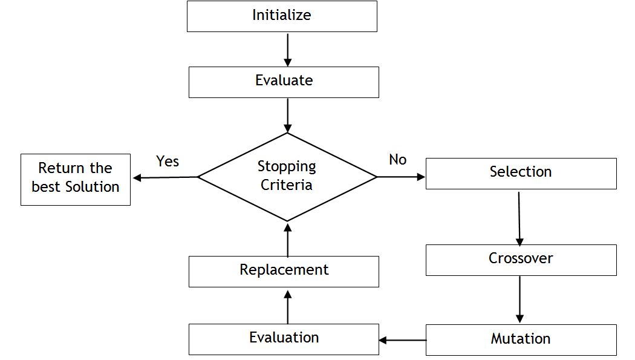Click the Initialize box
(282, 16)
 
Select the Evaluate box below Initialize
(284, 82)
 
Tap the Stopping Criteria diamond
(287, 177)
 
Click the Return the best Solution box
(76, 179)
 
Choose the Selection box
(521, 174)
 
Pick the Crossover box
(521, 260)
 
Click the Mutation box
(521, 339)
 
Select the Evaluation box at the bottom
(284, 339)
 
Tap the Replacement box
(284, 271)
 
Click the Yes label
(168, 161)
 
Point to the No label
(397, 160)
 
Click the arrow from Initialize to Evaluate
(287, 50)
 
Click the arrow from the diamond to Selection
(402, 177)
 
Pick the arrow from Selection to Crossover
(519, 218)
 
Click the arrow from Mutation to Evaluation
(403, 340)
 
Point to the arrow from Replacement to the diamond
(287, 239)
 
